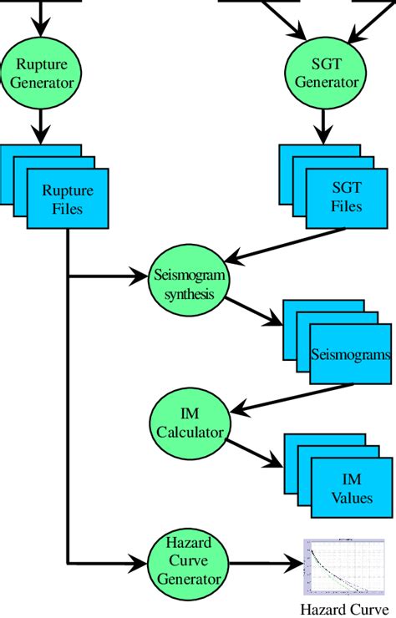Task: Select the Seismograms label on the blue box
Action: [350, 355]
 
